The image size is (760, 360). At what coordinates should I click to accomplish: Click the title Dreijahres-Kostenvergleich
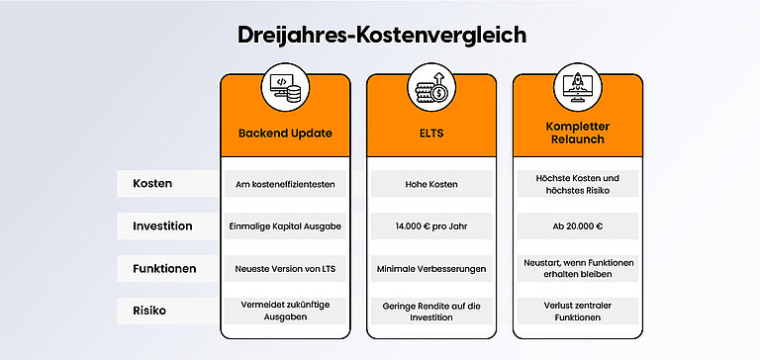point(381,35)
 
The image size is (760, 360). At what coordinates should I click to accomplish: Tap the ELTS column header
point(431,133)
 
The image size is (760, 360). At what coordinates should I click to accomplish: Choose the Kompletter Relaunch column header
point(577,133)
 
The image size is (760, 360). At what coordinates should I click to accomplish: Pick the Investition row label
point(162,226)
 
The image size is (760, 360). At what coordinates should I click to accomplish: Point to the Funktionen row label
point(165,268)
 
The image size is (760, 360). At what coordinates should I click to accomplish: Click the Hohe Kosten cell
point(431,184)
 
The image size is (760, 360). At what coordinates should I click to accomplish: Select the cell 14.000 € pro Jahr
point(431,226)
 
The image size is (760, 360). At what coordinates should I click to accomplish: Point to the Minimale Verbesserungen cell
point(431,268)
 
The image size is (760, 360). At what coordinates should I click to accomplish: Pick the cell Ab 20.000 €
point(577,226)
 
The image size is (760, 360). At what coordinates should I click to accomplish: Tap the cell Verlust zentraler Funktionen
point(577,311)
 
